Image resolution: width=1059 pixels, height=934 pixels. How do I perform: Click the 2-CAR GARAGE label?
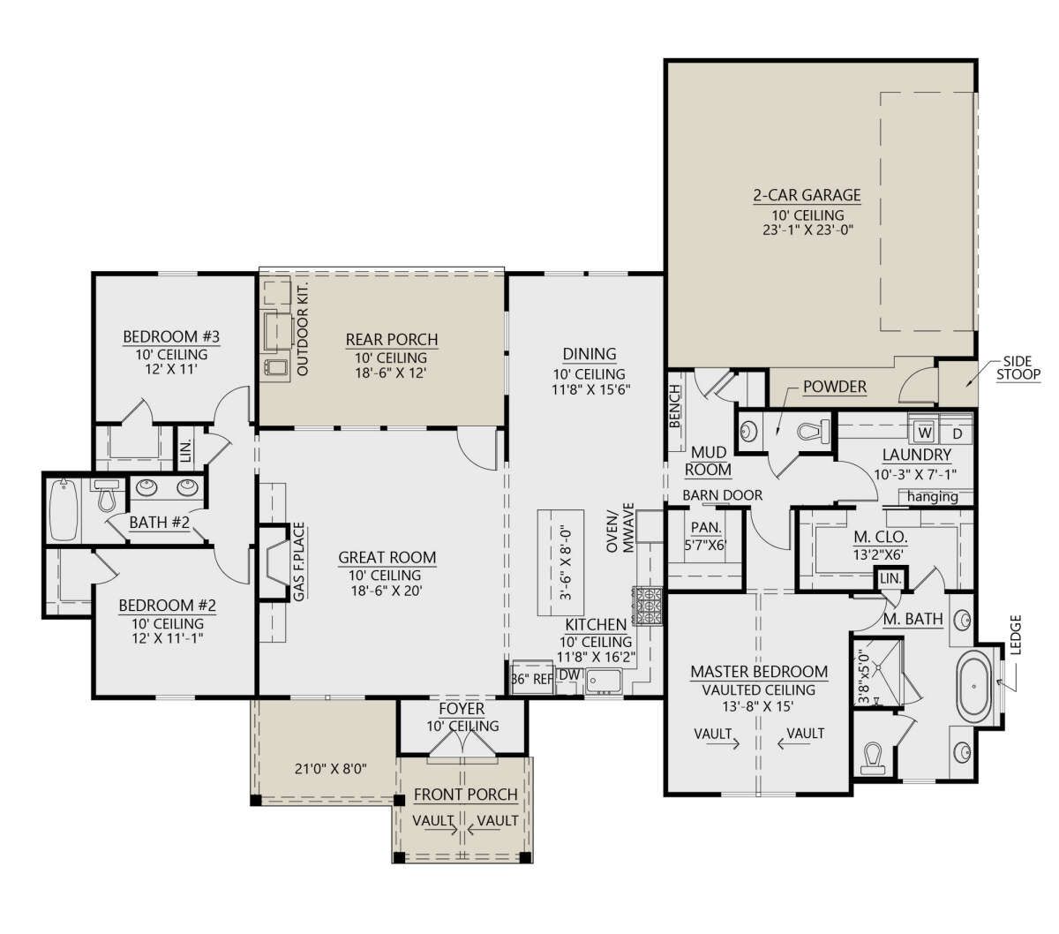806,195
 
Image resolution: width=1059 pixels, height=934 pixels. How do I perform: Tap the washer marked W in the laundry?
925,433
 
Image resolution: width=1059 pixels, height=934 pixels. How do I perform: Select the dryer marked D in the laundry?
958,433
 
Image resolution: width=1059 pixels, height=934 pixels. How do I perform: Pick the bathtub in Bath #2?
64,510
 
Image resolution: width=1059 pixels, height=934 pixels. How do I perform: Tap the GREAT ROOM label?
387,557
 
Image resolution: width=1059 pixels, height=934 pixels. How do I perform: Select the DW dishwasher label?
569,675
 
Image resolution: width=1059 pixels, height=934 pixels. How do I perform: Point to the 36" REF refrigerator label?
532,680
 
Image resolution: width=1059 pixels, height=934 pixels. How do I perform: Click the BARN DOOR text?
722,494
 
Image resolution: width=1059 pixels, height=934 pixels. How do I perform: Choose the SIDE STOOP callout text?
1018,367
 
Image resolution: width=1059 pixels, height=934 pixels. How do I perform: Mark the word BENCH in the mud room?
675,406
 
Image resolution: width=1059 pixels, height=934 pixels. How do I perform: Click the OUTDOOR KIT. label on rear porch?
302,329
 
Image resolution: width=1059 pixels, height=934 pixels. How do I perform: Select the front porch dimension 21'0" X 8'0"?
330,769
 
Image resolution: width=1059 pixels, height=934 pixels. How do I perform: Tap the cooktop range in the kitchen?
648,606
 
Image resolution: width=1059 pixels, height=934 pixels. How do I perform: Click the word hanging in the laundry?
932,496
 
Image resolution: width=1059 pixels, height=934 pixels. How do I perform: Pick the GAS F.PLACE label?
298,561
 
